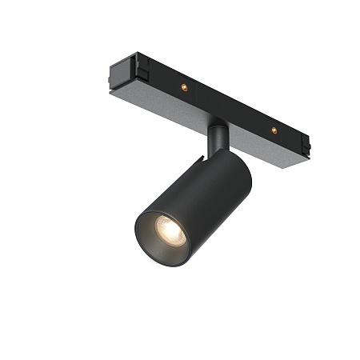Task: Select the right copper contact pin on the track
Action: click(274, 129)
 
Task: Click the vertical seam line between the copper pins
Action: click(228, 108)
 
